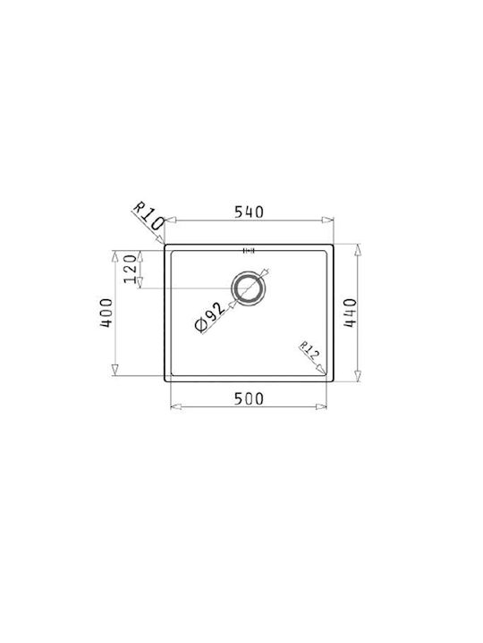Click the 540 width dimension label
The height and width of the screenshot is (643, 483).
click(x=249, y=212)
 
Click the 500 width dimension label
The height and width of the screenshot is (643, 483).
click(x=249, y=398)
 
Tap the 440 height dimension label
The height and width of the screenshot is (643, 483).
click(x=350, y=313)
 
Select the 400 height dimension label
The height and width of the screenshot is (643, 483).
click(x=106, y=313)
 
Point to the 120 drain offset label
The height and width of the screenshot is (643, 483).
click(x=131, y=269)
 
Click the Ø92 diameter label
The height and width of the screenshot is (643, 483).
click(x=210, y=317)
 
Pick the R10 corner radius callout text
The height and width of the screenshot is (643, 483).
click(x=148, y=215)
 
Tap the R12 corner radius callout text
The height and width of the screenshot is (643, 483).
click(x=309, y=351)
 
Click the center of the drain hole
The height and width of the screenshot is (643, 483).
click(x=249, y=288)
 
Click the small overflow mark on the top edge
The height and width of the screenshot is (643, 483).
click(x=249, y=251)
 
